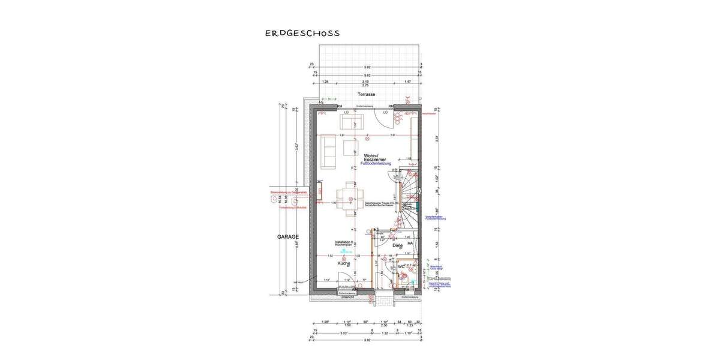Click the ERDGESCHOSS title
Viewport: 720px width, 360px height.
coord(302,33)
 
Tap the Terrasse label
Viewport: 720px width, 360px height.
coord(366,95)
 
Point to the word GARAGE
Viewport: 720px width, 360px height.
coord(288,237)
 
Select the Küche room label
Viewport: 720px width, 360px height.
coord(343,263)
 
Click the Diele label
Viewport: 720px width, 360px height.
coord(397,245)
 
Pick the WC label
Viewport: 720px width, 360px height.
coord(401,266)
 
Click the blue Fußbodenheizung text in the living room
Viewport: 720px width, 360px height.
coord(376,163)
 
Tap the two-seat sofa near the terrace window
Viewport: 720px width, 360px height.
coord(349,122)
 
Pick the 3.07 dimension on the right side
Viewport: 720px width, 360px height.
coord(436,137)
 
